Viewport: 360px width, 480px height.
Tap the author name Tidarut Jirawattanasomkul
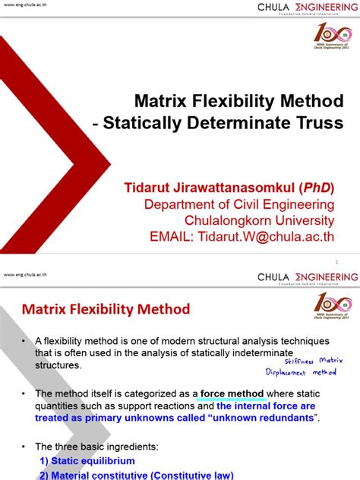216,188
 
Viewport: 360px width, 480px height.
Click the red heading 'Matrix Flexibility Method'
105,309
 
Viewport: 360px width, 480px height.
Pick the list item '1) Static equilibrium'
87,460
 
